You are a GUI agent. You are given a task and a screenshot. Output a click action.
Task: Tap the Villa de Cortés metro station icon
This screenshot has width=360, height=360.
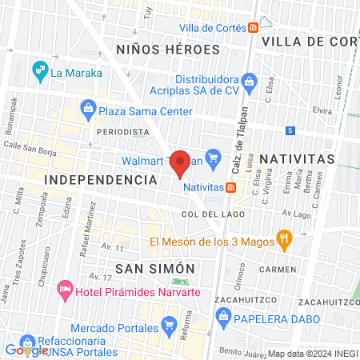pos(253,28)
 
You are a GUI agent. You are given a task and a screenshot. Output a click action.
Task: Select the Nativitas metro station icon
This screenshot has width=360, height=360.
pos(230,187)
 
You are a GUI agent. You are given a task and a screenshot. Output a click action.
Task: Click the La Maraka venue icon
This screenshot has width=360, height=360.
pos(39,72)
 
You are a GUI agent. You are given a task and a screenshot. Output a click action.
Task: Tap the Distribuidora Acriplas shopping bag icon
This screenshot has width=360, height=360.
pos(250,80)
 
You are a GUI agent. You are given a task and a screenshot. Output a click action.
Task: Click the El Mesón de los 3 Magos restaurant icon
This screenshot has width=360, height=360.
pos(283,238)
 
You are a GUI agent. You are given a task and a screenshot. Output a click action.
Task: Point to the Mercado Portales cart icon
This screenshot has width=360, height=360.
pos(168,324)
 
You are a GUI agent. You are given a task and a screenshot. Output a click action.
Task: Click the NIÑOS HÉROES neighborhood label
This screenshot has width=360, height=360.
pos(167,49)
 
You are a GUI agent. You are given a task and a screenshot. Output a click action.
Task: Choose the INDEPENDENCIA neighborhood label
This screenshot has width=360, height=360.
pos(101,181)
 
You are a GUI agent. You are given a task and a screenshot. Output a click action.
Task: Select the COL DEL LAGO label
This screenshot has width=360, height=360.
pos(206,214)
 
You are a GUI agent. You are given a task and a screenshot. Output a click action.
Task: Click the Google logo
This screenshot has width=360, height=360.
pos(26,350)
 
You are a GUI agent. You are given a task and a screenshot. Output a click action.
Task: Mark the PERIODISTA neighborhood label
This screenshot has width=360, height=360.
pos(122,130)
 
